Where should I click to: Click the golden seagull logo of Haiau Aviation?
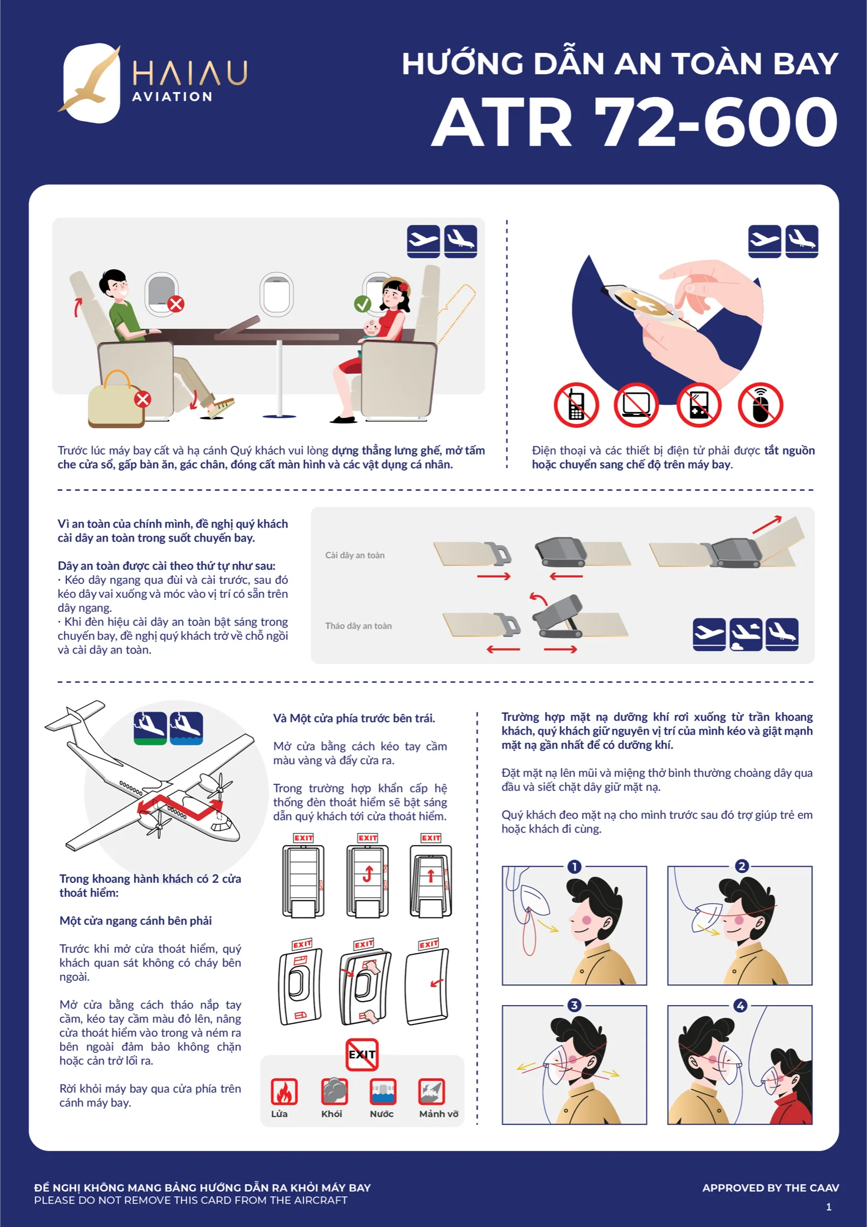click(x=89, y=81)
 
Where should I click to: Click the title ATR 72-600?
click(x=635, y=122)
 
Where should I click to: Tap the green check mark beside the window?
click(x=362, y=304)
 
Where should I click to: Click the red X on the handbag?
click(x=143, y=399)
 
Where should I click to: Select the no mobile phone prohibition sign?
click(x=576, y=405)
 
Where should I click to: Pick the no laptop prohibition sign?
click(x=636, y=405)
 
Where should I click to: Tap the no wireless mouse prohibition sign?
click(x=761, y=405)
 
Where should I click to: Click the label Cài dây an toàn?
click(x=355, y=555)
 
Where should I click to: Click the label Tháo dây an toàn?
click(x=358, y=626)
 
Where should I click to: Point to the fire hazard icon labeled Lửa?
click(x=284, y=1091)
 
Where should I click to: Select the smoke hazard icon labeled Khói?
click(x=334, y=1091)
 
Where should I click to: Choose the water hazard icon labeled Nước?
click(x=383, y=1091)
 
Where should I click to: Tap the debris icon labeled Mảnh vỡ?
click(x=432, y=1091)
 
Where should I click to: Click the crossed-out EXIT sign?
click(x=362, y=1054)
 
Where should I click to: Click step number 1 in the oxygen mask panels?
click(x=574, y=866)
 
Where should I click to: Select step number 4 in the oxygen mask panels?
click(x=741, y=1006)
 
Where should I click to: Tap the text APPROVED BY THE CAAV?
click(x=771, y=1188)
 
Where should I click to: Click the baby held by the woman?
click(x=371, y=329)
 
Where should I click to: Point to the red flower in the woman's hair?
click(x=404, y=287)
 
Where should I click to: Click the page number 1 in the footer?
click(x=829, y=1207)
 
